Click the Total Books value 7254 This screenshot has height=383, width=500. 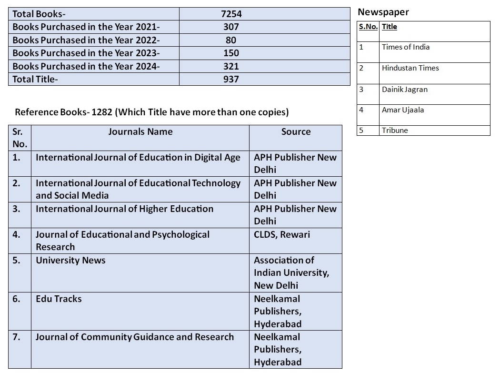pos(231,14)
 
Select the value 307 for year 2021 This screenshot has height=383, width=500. pos(231,27)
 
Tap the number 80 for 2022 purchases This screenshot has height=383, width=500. pos(231,40)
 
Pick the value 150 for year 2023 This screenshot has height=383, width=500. pos(231,53)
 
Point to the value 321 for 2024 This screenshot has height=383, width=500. pos(231,66)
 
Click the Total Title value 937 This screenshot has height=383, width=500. pos(231,79)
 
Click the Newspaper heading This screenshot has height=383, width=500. pos(383,12)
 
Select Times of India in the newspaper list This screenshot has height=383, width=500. pos(406,47)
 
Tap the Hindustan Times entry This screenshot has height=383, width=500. pos(410,68)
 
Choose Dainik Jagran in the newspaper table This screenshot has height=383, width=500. pos(405,90)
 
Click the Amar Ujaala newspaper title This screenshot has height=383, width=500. pos(403,110)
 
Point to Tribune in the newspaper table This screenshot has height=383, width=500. pos(395,131)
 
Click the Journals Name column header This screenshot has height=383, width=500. pos(140,132)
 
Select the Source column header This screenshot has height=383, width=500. pos(296,132)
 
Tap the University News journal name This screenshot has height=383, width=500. pos(70,261)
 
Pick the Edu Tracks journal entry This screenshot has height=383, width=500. pos(59,299)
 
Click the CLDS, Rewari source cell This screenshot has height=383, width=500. pos(282,235)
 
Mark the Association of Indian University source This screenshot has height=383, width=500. pos(291,273)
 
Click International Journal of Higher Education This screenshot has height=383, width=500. pos(124,209)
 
